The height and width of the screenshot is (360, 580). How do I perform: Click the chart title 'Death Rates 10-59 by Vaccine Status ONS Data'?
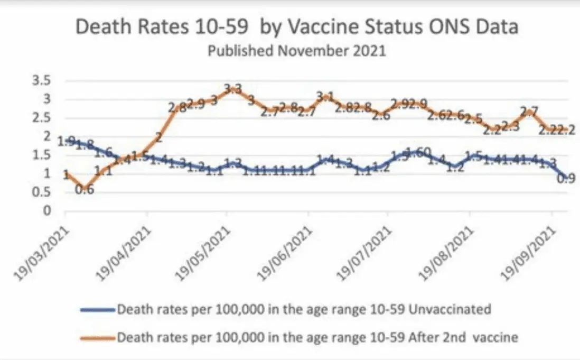[x=296, y=26]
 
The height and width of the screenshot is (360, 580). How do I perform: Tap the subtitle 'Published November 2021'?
[x=296, y=51]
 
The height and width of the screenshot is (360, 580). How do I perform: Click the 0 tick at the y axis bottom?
[x=46, y=210]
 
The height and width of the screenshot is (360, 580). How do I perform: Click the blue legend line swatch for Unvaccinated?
[x=98, y=309]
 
